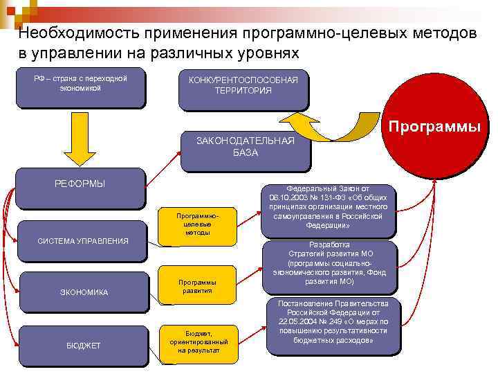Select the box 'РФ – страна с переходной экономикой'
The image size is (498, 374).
[x=80, y=87]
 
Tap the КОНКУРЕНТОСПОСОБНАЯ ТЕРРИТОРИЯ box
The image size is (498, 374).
[x=243, y=87]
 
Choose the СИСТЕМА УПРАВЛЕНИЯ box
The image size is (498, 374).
[x=82, y=241]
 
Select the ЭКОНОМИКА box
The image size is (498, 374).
[x=82, y=292]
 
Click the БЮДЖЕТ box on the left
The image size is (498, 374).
[x=82, y=345]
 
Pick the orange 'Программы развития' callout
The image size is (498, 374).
[x=198, y=286]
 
